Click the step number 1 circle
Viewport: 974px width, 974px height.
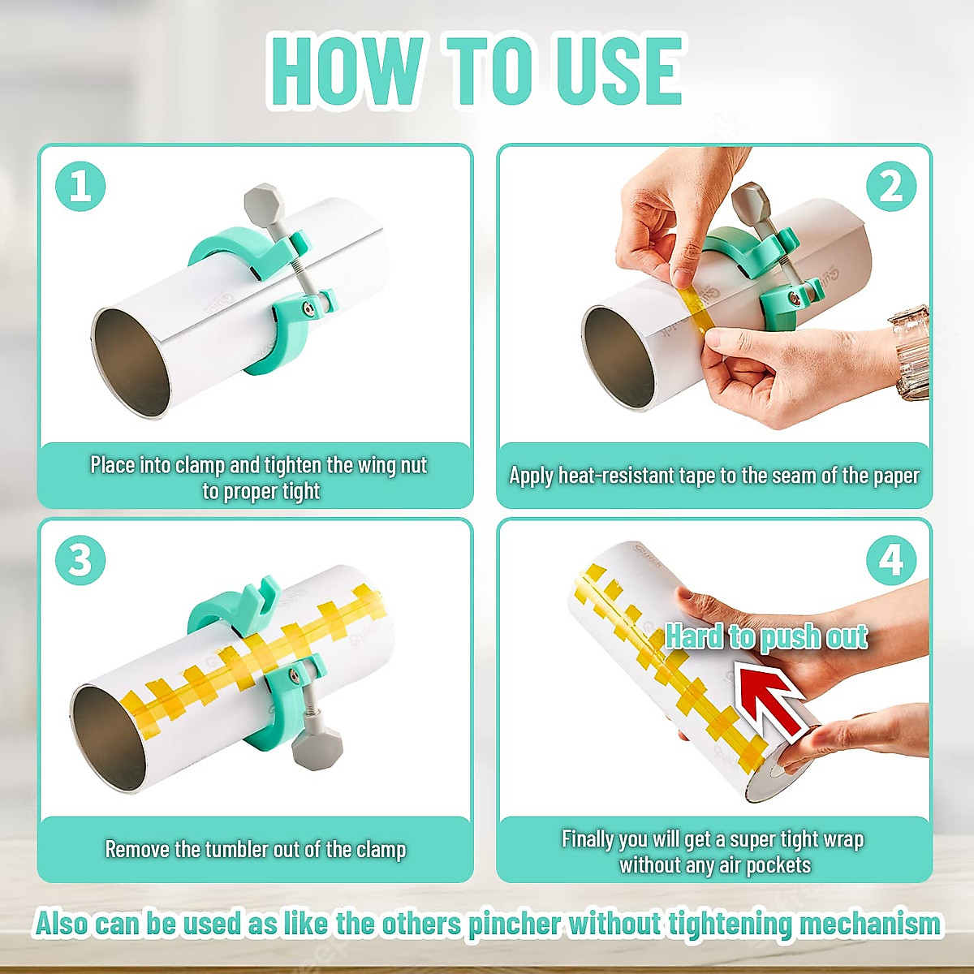[x=80, y=187]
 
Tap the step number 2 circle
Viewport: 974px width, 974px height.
[x=890, y=187]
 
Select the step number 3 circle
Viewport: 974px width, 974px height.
[x=80, y=560]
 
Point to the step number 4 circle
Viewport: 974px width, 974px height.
[x=890, y=560]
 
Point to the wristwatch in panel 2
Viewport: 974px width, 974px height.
[x=911, y=351]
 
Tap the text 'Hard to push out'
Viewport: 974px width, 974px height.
[x=766, y=636]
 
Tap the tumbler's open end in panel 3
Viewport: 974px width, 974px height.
[x=109, y=739]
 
